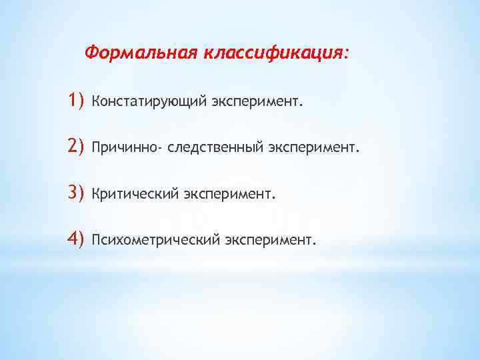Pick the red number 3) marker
coord(76,193)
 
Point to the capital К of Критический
coord(96,193)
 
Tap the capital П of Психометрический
coord(97,239)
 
